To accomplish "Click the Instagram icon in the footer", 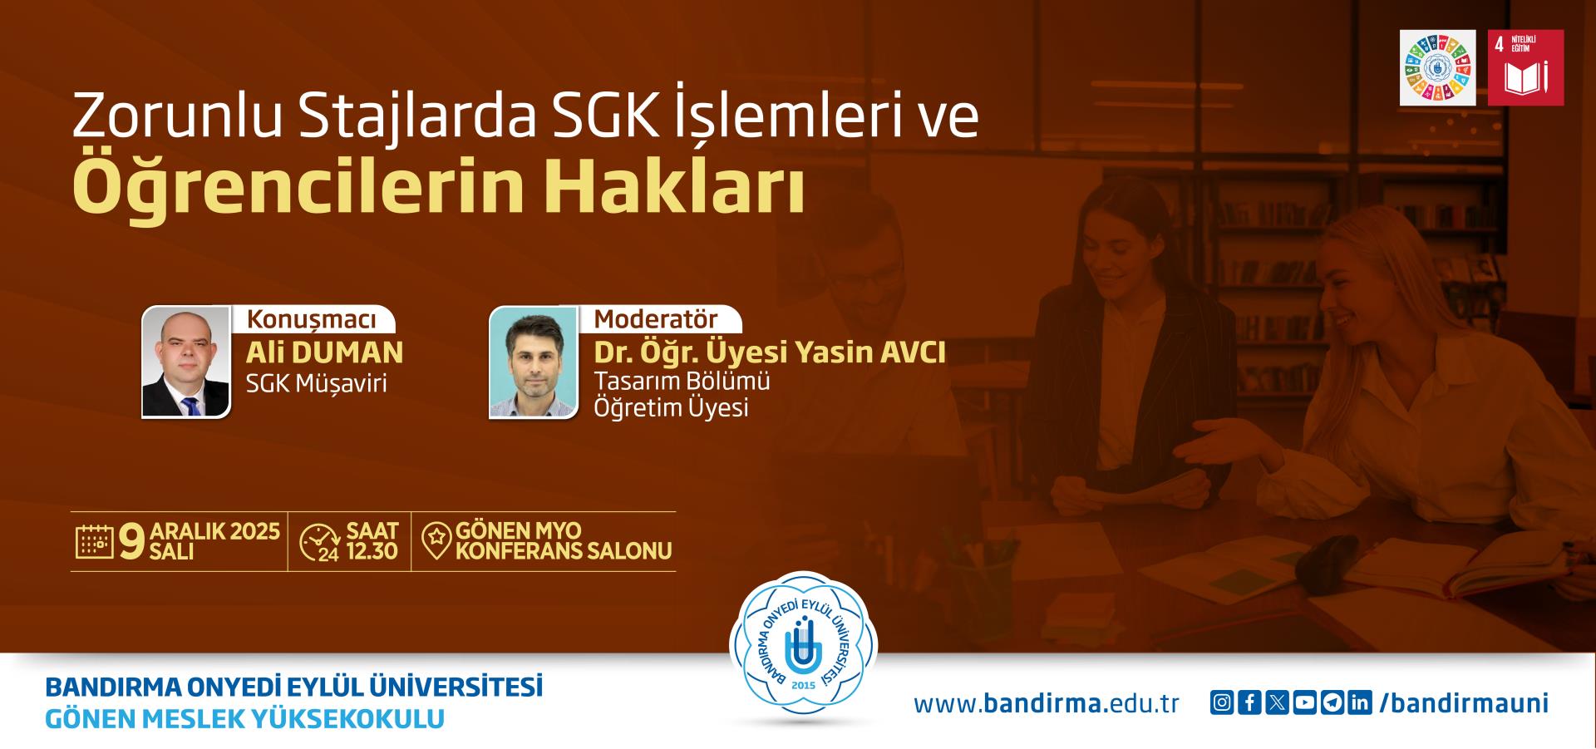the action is [1222, 703].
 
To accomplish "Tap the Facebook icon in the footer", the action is [1249, 703].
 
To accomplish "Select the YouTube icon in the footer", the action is [1305, 703].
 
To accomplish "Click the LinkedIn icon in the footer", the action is [1360, 703].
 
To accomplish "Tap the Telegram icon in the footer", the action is [1332, 703].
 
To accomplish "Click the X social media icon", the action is [1278, 703].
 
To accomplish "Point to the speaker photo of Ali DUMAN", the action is [186, 362].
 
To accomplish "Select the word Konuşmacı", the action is [311, 320].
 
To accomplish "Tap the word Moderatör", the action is [656, 319].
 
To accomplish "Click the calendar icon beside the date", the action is [95, 541].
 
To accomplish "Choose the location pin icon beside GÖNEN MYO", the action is [436, 541].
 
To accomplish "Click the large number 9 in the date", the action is [132, 541].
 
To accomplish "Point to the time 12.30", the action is [372, 551].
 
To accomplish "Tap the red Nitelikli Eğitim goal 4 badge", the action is [1525, 68].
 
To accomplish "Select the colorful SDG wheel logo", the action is [1438, 68].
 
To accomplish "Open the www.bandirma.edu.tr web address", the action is [1047, 704].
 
